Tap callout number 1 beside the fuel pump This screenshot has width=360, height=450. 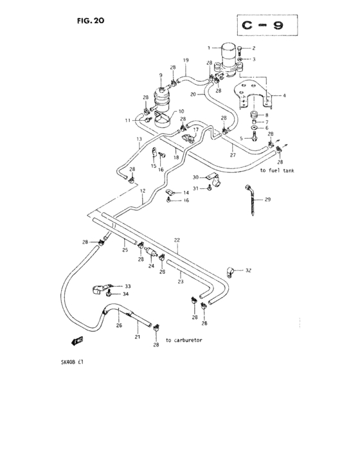(208, 48)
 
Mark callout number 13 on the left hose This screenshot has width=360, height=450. (138, 139)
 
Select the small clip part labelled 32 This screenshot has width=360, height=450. (230, 271)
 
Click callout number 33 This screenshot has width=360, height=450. (127, 286)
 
